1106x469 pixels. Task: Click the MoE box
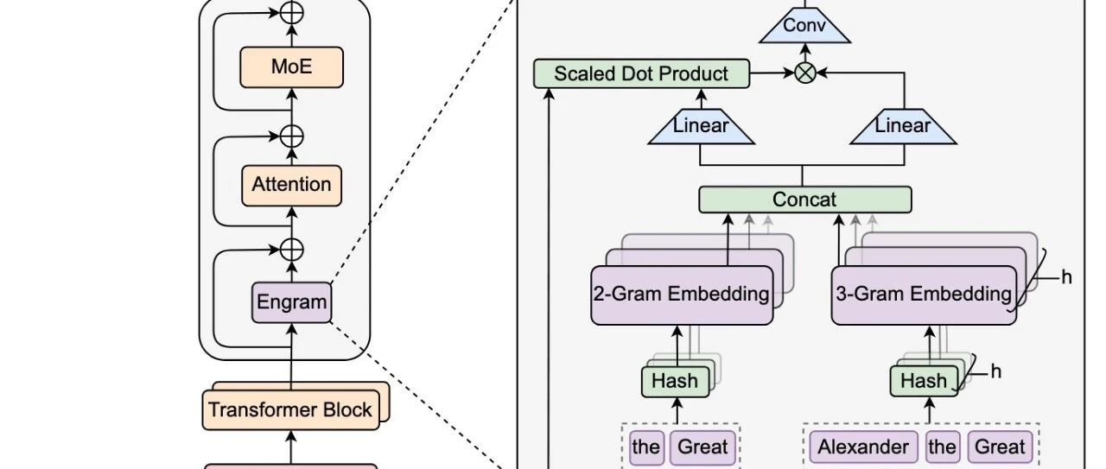tap(292, 67)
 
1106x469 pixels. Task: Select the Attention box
tap(292, 185)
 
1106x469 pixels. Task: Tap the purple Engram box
tap(292, 302)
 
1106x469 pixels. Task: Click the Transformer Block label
tap(289, 409)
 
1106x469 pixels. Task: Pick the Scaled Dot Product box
tap(641, 74)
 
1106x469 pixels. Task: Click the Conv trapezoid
tap(804, 25)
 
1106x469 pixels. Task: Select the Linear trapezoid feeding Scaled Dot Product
tap(701, 126)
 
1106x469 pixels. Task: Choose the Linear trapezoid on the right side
tap(904, 126)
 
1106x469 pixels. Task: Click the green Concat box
tap(805, 200)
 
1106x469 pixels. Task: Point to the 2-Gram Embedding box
tap(682, 295)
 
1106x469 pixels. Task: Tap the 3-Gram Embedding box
tap(924, 295)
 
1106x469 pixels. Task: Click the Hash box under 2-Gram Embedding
tap(675, 382)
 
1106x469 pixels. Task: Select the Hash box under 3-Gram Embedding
tap(924, 382)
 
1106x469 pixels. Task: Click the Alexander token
tap(863, 447)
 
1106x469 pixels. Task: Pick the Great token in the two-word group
tap(702, 447)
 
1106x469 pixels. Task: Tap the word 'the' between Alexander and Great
tap(943, 447)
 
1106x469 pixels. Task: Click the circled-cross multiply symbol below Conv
tap(805, 73)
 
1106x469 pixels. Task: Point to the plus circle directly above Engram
tap(292, 250)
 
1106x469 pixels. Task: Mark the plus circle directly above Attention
tap(292, 136)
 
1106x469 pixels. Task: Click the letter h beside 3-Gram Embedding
tap(1066, 277)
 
